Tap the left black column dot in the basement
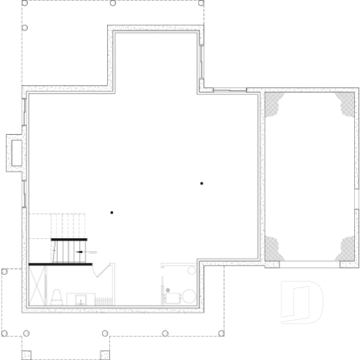pyautogui.click(x=111, y=213)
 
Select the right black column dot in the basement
pyautogui.click(x=201, y=183)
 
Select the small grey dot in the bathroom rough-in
pyautogui.click(x=168, y=291)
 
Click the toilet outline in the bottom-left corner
pyautogui.click(x=56, y=296)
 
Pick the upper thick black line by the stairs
pyautogui.click(x=69, y=240)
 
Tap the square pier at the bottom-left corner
pyautogui.click(x=26, y=356)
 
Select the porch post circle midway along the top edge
pyautogui.click(x=112, y=3)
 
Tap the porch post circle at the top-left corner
pyautogui.click(x=23, y=3)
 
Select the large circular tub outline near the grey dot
pyautogui.click(x=188, y=296)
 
